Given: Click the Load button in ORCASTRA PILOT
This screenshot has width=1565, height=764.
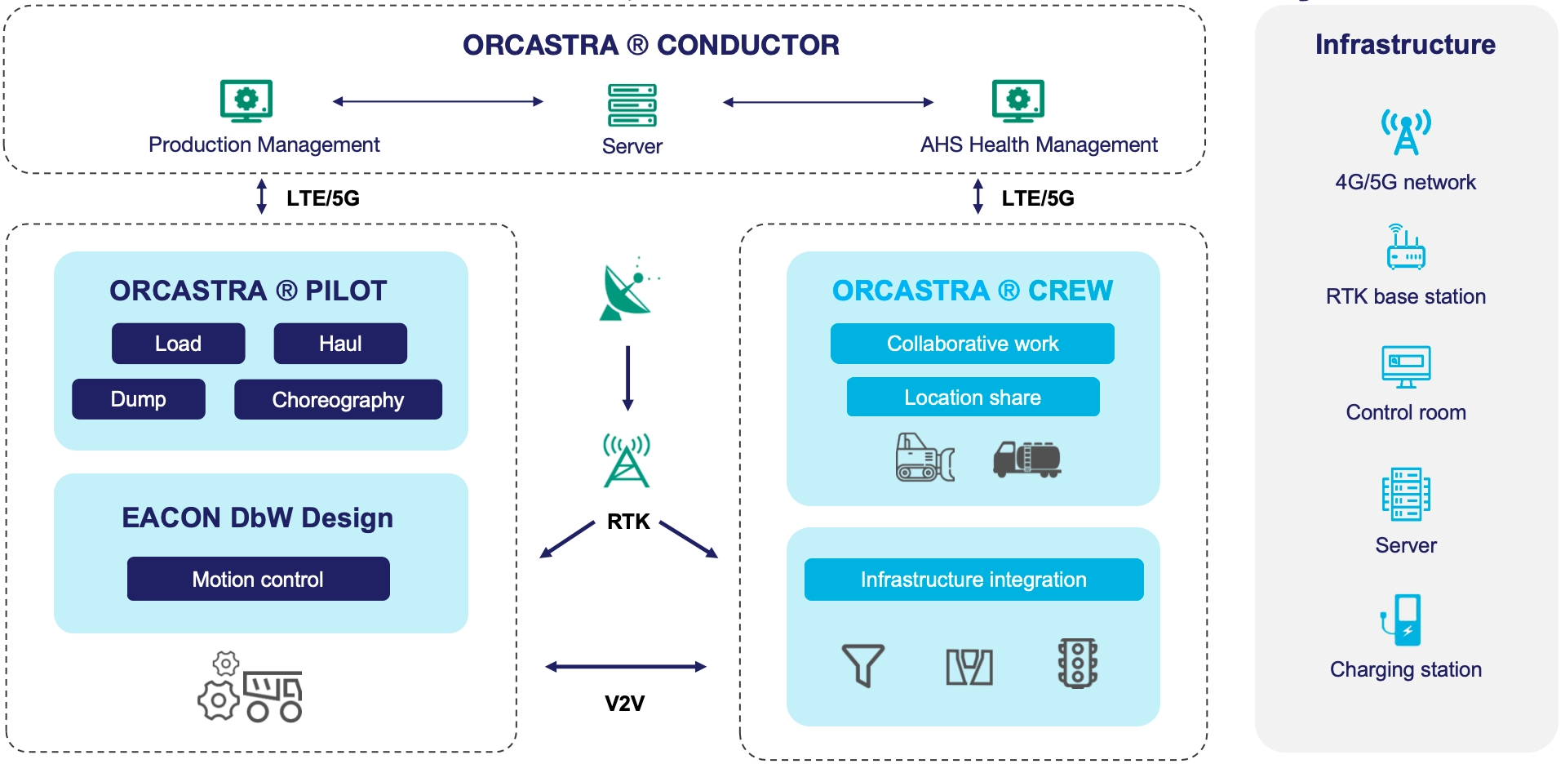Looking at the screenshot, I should click(x=178, y=344).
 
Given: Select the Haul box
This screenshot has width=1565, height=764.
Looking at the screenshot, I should click(x=340, y=344).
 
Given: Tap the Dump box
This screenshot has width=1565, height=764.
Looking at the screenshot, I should click(x=139, y=399).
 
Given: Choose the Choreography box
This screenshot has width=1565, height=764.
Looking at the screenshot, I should click(x=338, y=399).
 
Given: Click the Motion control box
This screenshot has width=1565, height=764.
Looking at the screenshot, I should click(x=258, y=579).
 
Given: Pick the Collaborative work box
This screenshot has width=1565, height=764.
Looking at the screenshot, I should click(x=972, y=344).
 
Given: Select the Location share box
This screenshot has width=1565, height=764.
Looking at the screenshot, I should click(x=973, y=397).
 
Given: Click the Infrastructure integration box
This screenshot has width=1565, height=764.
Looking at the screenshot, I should click(x=973, y=580).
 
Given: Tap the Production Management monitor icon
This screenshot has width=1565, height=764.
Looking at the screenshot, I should click(x=246, y=101).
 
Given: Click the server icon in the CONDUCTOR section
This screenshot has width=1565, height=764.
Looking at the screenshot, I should click(x=632, y=105).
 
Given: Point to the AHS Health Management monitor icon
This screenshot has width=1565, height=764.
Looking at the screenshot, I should click(x=1017, y=101).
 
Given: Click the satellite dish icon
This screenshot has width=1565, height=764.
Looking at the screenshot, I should click(x=627, y=291).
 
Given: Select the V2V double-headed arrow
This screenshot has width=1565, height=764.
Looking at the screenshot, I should click(x=626, y=667).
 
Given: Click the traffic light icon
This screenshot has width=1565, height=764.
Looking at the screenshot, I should click(x=1078, y=663).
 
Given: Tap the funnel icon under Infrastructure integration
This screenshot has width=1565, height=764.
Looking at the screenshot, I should click(x=862, y=664).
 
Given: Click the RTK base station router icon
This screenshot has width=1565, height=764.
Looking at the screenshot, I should click(x=1405, y=247).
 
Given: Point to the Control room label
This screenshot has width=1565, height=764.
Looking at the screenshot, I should click(x=1406, y=412).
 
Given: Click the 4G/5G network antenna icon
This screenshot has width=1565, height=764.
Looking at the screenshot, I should click(x=1406, y=131).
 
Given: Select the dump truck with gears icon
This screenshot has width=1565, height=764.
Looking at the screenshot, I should click(x=251, y=688).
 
